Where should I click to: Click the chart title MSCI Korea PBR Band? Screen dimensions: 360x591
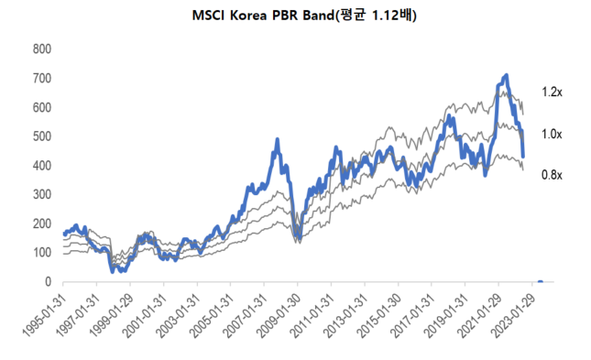coord(295,15)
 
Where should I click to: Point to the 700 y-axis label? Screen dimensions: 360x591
coord(41,78)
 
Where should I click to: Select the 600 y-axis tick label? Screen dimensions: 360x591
coord(41,107)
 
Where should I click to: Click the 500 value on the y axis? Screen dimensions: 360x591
coord(41,136)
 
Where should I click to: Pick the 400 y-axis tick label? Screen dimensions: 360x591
coord(41,166)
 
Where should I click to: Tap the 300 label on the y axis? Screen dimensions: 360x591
coord(41,195)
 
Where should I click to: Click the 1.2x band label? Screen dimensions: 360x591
coord(551,93)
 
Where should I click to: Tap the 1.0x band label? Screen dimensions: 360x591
coord(551,134)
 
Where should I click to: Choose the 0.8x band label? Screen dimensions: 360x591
coord(551,174)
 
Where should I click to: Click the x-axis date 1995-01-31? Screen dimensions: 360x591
coord(46,316)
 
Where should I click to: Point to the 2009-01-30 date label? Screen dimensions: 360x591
coord(279,316)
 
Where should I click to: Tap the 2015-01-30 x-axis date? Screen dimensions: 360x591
coord(379,316)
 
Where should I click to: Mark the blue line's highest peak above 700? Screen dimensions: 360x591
coord(506,75)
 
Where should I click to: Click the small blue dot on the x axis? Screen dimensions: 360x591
coord(540,282)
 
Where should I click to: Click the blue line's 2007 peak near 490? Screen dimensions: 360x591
coord(277,140)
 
